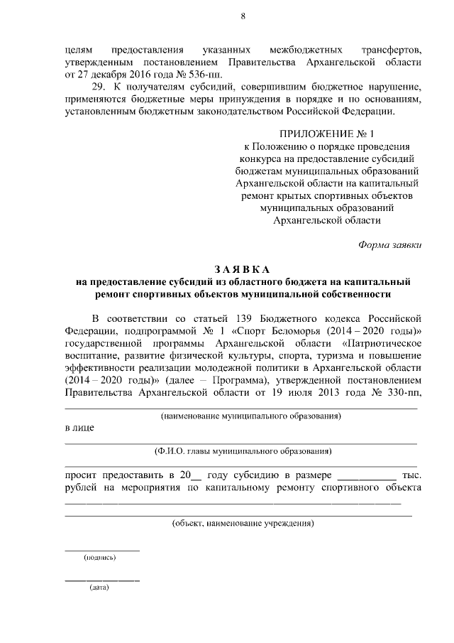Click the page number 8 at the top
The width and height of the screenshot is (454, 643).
point(243,16)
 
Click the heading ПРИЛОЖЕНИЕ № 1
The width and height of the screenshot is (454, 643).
point(326,133)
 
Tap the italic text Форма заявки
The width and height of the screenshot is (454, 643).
point(389,244)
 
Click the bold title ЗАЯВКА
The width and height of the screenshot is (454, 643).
point(243,269)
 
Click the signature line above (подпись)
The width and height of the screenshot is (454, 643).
point(102,549)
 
